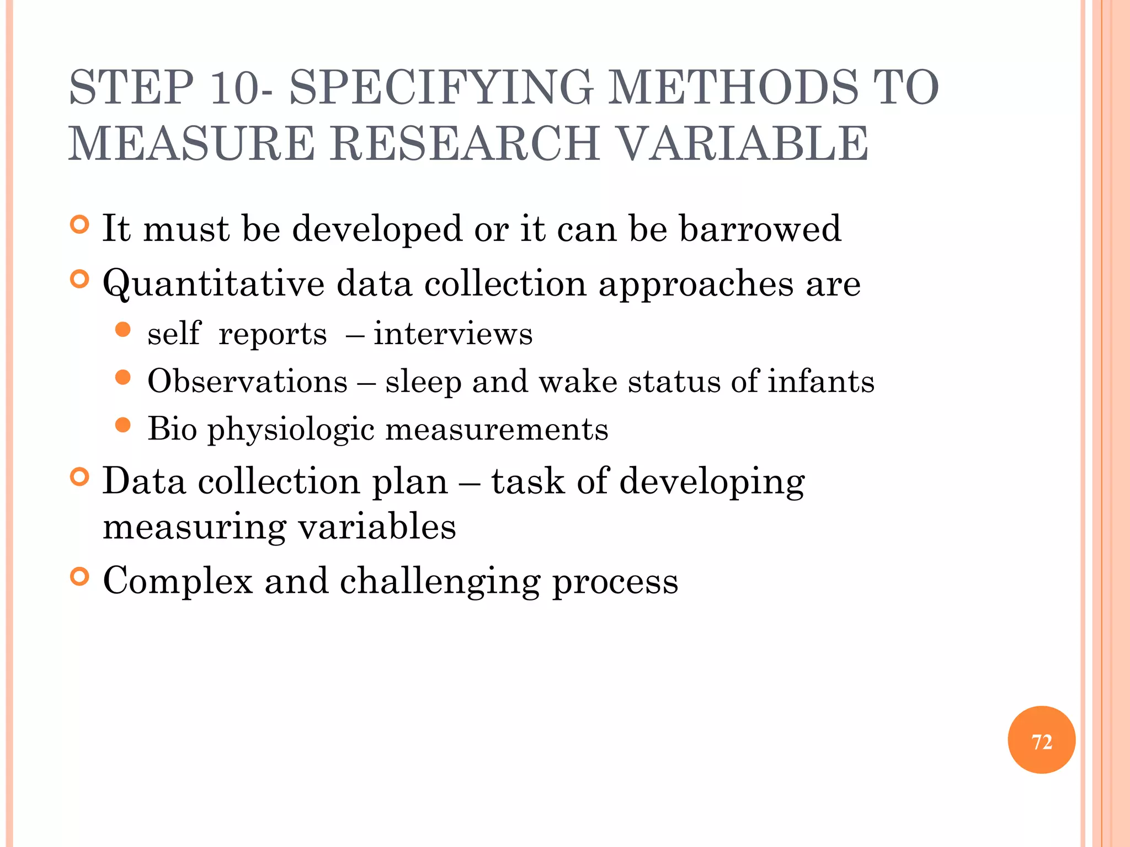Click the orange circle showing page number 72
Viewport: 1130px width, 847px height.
coord(1041,740)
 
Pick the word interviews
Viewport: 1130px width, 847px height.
coord(453,334)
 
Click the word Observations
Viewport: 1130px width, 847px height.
coord(248,382)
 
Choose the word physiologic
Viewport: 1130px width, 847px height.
coord(291,430)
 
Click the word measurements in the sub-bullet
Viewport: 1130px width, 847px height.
coord(497,430)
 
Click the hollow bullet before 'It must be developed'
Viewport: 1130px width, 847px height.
coord(80,225)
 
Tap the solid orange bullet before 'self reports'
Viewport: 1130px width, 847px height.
coord(123,330)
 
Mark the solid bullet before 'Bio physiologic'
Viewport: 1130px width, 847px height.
coord(123,425)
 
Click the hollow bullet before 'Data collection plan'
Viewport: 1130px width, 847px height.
coord(80,477)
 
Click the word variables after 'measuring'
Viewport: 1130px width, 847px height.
coord(377,527)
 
